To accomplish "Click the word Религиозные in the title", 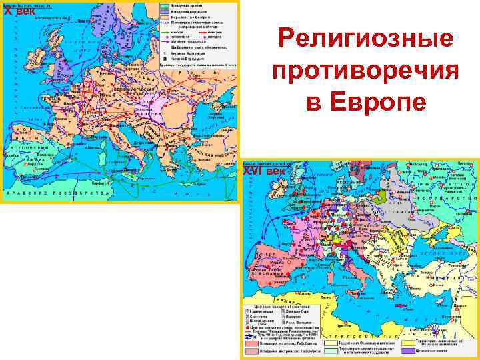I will [x=366, y=39].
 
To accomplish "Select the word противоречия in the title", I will [x=366, y=70].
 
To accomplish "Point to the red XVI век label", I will [x=263, y=171].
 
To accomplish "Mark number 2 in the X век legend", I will [x=165, y=59].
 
